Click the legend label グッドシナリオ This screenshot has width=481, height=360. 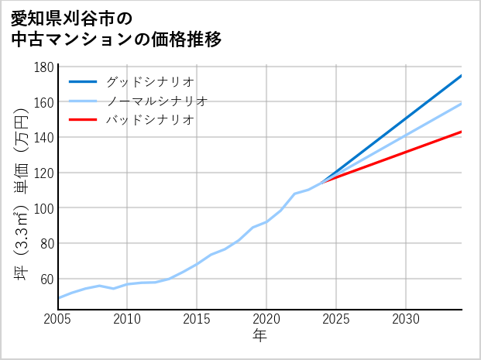pyautogui.click(x=149, y=81)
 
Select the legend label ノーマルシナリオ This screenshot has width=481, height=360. pyautogui.click(x=157, y=101)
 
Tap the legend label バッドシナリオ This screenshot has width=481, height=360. pyautogui.click(x=149, y=120)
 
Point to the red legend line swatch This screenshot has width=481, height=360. pyautogui.click(x=84, y=120)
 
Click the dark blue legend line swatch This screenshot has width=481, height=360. pyautogui.click(x=84, y=81)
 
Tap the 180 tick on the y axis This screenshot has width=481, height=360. pyautogui.click(x=44, y=67)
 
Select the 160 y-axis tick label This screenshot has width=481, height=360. pyautogui.click(x=44, y=103)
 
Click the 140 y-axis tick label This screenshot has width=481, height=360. pyautogui.click(x=44, y=138)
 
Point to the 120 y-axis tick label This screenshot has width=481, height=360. pyautogui.click(x=44, y=173)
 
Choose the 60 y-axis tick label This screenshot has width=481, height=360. pyautogui.click(x=47, y=279)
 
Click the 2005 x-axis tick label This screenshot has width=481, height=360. pyautogui.click(x=58, y=319)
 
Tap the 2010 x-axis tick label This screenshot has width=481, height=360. pyautogui.click(x=128, y=319)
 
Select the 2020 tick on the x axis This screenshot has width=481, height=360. pyautogui.click(x=267, y=319)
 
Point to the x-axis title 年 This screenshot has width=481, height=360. pyautogui.click(x=260, y=336)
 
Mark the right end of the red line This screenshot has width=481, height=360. pyautogui.click(x=462, y=132)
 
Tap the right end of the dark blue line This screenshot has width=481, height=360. pyautogui.click(x=462, y=75)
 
